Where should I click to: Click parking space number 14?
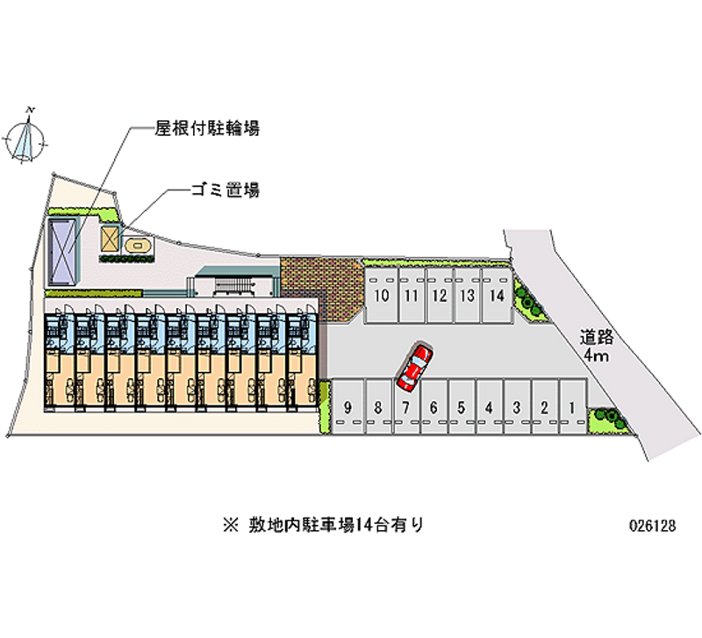[497, 295]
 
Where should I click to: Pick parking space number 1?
[572, 406]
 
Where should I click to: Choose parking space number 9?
[348, 406]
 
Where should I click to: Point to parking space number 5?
[461, 406]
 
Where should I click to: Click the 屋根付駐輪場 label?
[207, 129]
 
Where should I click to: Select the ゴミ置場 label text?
[224, 189]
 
